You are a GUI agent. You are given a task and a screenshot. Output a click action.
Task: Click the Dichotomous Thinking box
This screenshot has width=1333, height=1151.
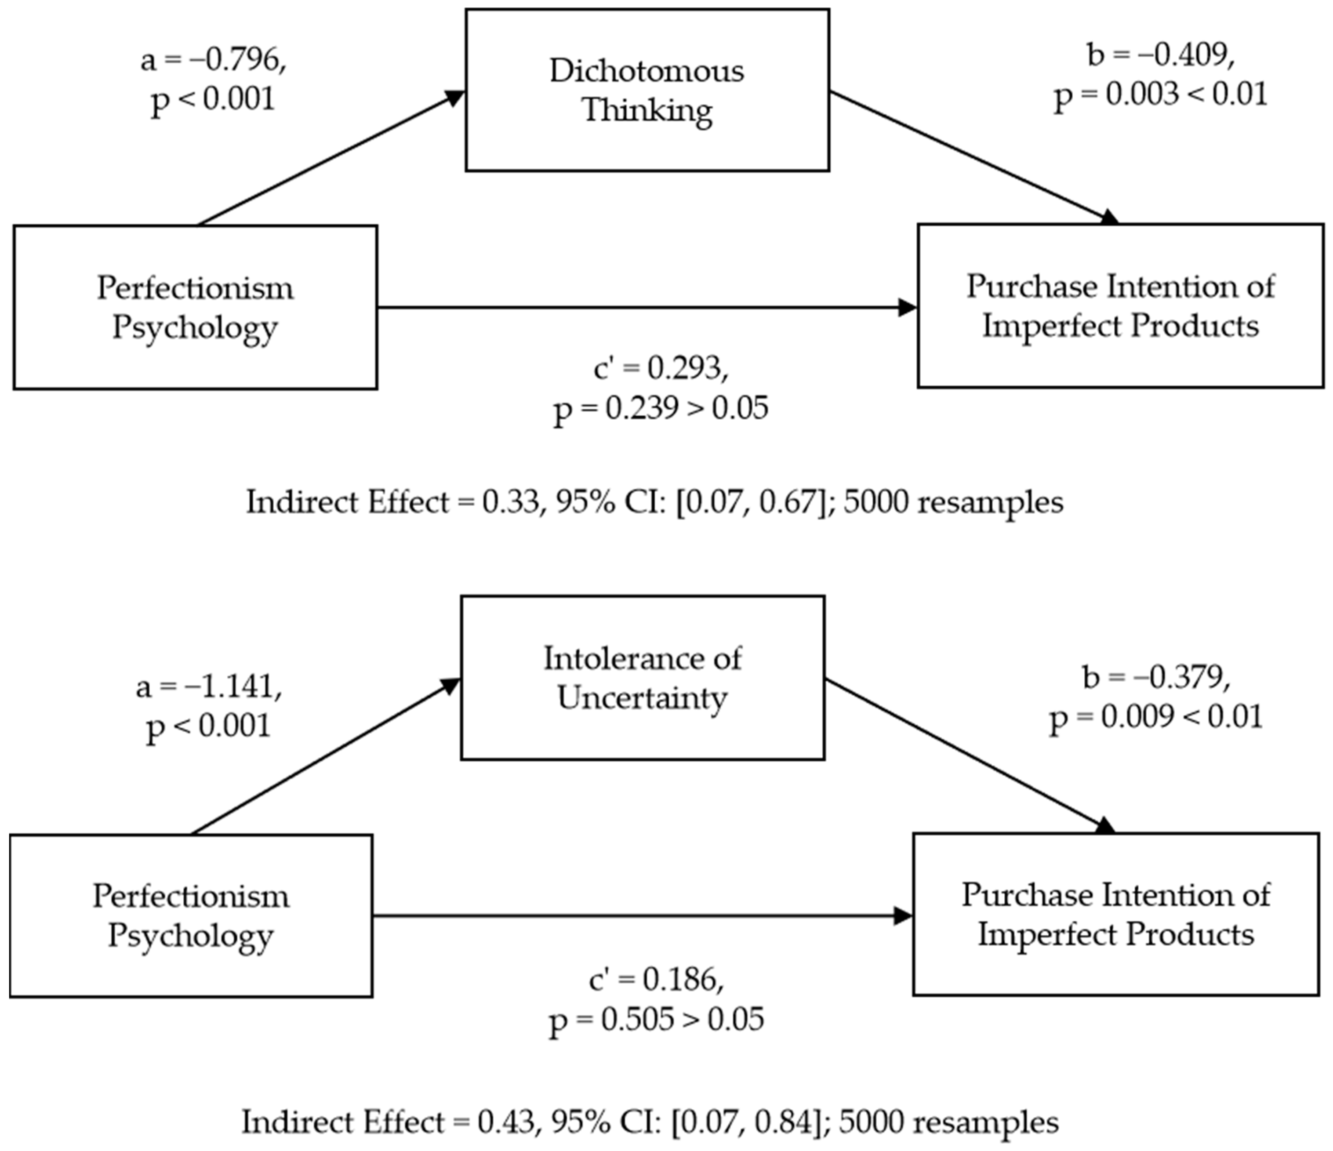[647, 90]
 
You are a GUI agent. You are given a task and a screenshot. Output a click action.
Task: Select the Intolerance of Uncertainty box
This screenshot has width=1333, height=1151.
[642, 678]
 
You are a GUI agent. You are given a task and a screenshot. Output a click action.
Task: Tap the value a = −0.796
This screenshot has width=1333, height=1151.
[213, 60]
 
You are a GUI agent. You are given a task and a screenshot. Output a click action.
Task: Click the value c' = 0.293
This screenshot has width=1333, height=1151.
[661, 368]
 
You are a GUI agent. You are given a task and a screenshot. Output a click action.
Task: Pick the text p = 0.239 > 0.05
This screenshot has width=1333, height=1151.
[661, 408]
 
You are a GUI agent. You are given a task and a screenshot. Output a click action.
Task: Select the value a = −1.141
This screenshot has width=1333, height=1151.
[208, 686]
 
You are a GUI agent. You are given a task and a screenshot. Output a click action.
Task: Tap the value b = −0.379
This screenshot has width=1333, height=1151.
[1156, 677]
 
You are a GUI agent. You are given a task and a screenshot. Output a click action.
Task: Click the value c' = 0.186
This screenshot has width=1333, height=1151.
[656, 979]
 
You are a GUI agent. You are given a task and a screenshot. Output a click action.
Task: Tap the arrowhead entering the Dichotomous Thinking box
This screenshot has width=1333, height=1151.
[455, 98]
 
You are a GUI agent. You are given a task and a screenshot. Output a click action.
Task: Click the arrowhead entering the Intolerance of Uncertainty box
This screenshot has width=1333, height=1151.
[451, 686]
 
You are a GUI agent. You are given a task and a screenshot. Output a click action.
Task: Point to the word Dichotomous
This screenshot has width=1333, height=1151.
[647, 71]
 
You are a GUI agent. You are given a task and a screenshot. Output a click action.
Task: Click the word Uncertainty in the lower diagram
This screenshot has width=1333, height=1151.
[642, 698]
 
